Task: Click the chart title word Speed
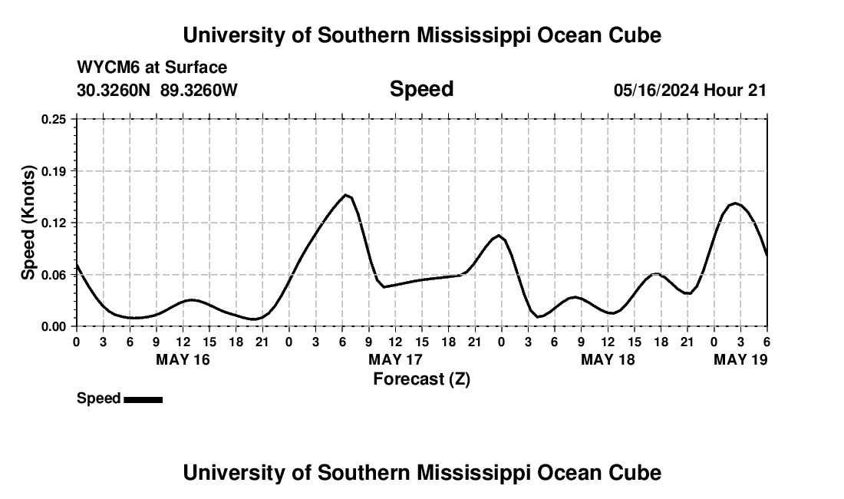(x=421, y=89)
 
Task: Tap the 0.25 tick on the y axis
(x=54, y=119)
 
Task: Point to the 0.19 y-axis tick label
(x=54, y=171)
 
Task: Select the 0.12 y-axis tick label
(x=54, y=223)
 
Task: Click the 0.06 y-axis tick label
(x=54, y=275)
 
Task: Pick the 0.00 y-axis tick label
(x=54, y=326)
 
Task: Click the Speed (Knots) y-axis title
(x=28, y=223)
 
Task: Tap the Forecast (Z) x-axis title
(x=421, y=378)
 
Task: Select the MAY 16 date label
(x=183, y=359)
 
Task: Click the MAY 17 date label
(x=395, y=359)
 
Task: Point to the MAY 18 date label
(x=608, y=359)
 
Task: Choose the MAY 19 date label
(x=740, y=359)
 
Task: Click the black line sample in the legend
(x=143, y=399)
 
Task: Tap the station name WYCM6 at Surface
(x=152, y=68)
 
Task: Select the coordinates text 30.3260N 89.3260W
(x=157, y=90)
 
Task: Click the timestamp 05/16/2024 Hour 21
(x=690, y=90)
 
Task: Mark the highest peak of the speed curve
(x=346, y=195)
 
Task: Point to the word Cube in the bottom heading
(x=638, y=472)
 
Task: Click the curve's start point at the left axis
(x=77, y=265)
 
